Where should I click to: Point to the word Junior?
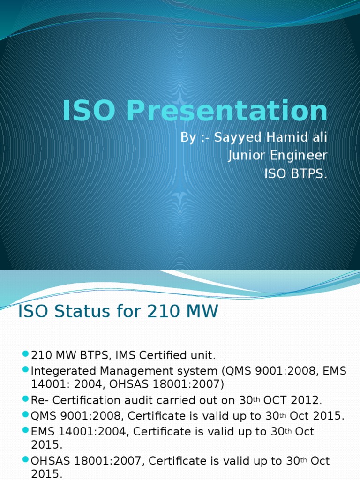coord(247,155)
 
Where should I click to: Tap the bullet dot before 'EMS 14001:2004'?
coord(25,430)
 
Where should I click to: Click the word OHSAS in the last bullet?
coord(49,461)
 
